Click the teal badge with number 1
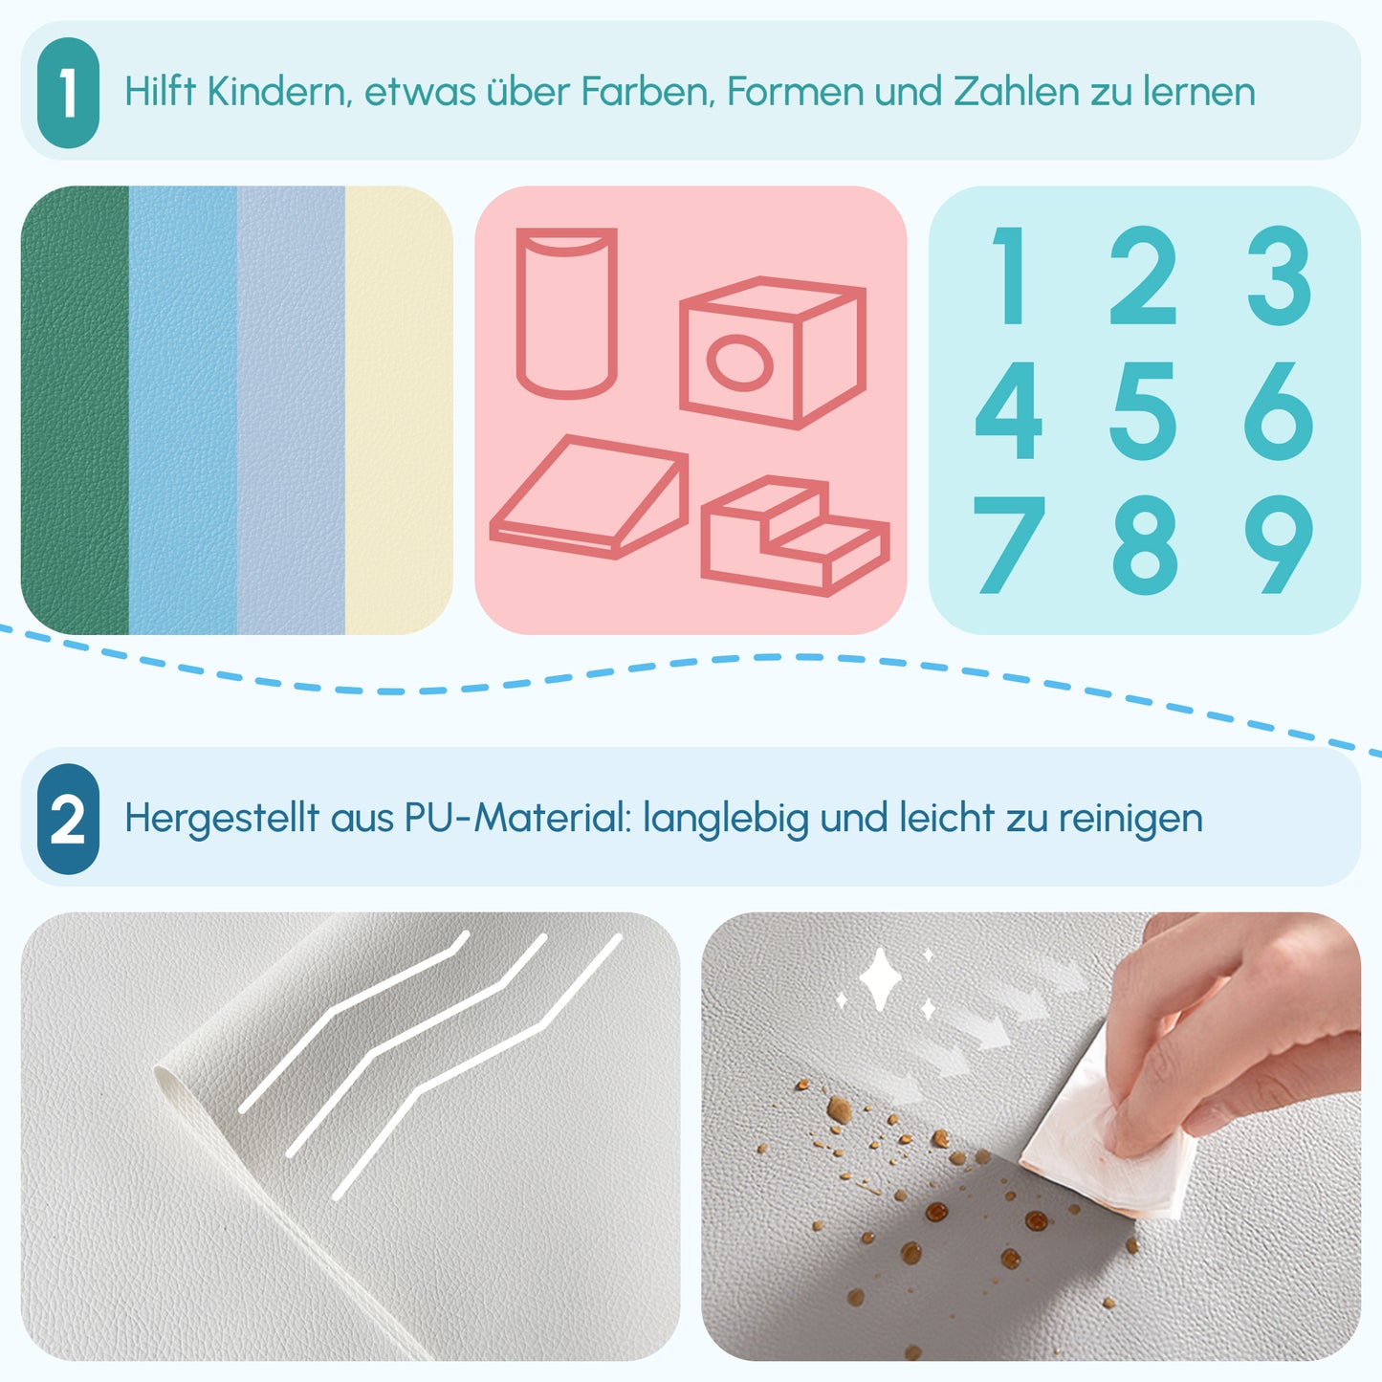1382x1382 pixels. pos(68,93)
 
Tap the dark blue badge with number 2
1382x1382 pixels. pos(68,819)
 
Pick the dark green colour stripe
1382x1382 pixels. pos(75,410)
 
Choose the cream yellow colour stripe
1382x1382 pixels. pos(398,410)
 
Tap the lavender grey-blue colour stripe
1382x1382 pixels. pos(291,410)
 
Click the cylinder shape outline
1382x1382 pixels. pos(566,313)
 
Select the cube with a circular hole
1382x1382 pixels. pos(773,352)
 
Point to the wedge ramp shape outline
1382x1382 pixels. pos(588,497)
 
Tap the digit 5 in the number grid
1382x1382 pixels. pos(1143,410)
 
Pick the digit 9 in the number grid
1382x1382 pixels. pos(1279,544)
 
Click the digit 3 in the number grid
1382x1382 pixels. pos(1279,275)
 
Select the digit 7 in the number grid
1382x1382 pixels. pos(1008,544)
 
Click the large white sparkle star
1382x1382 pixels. pos(880,980)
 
